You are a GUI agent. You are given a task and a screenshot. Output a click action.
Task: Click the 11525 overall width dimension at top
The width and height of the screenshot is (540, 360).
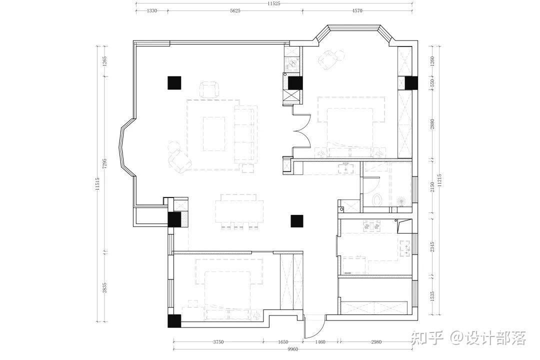(274, 3)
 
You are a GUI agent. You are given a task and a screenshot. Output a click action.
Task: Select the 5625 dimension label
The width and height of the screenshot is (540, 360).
(235, 10)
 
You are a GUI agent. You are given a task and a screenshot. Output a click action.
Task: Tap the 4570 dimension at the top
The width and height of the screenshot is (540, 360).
(357, 10)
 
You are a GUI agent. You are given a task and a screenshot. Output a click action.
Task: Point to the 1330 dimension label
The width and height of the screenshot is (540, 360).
(152, 10)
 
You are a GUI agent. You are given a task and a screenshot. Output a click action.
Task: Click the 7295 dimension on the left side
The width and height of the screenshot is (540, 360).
(105, 163)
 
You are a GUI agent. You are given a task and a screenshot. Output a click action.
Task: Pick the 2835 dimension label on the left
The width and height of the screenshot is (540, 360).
(105, 287)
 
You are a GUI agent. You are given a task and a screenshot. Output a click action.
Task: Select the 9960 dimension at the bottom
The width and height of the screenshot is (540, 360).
(292, 349)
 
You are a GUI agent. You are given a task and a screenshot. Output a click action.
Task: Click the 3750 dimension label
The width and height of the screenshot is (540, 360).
(218, 342)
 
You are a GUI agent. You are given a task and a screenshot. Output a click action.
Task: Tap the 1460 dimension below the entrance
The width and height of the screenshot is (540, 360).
(320, 342)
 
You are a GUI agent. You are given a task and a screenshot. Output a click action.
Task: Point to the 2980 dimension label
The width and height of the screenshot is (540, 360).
(376, 342)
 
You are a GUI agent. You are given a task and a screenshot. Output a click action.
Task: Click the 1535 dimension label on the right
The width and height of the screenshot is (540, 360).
(432, 296)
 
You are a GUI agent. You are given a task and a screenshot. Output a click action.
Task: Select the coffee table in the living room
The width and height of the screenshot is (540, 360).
(214, 133)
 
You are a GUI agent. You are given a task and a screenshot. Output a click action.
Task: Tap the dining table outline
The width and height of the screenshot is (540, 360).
(239, 209)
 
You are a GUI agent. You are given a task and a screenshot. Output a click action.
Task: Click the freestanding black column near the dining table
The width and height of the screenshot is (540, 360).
(296, 221)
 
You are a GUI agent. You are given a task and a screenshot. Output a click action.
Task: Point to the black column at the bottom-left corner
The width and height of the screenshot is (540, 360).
(174, 320)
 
